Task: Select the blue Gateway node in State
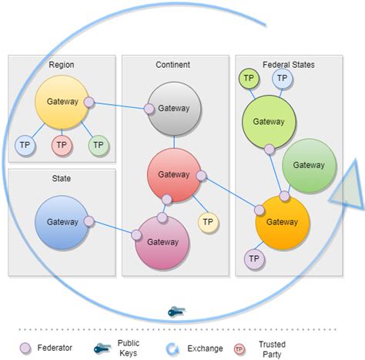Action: (x=62, y=222)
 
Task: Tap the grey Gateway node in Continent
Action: (x=174, y=109)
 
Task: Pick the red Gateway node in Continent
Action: (x=173, y=175)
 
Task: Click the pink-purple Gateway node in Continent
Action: (x=162, y=242)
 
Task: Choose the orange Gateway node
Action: (x=283, y=222)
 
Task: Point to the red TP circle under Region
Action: (x=62, y=144)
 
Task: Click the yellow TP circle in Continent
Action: (x=208, y=223)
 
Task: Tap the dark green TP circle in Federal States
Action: (x=249, y=78)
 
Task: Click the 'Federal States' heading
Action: (x=289, y=65)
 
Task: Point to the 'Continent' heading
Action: (x=172, y=65)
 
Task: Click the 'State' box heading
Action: (x=62, y=178)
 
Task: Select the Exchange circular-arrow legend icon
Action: (x=173, y=348)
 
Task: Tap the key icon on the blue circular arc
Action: (x=176, y=311)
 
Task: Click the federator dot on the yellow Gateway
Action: (x=89, y=102)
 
